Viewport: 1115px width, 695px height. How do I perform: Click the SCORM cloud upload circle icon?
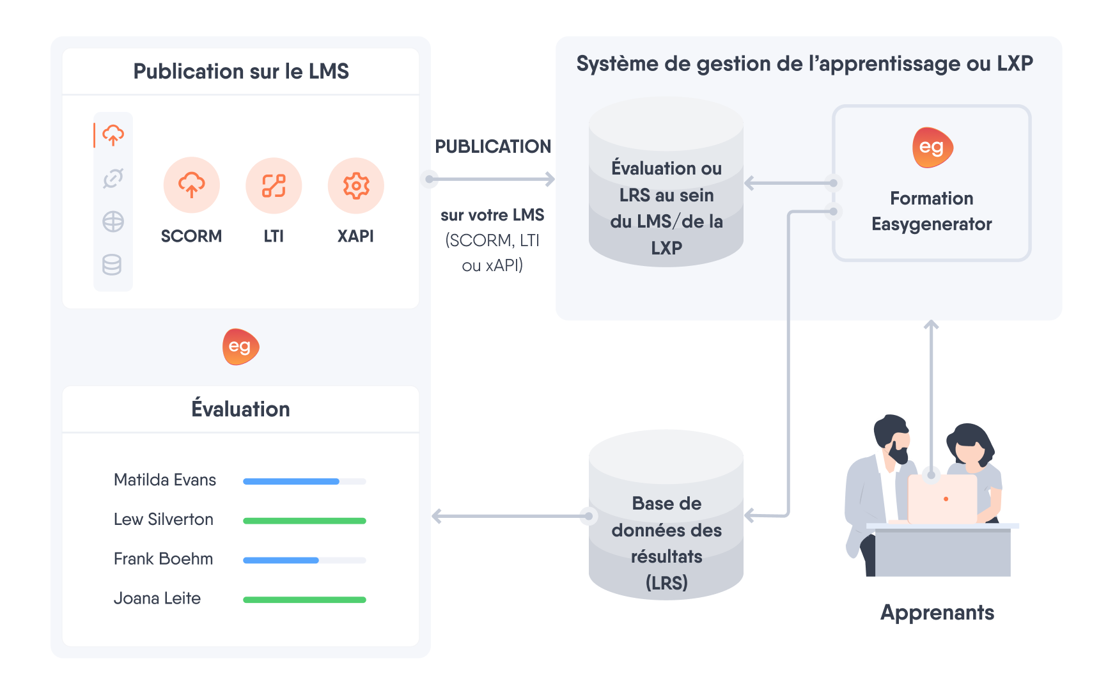tap(191, 185)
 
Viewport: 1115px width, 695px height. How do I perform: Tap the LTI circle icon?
tap(274, 185)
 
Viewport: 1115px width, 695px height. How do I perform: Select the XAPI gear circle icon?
tap(355, 185)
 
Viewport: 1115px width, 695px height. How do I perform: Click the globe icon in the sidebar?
tap(113, 222)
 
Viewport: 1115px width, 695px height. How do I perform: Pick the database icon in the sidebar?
tap(113, 265)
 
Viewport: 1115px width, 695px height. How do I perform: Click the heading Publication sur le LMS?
tap(241, 71)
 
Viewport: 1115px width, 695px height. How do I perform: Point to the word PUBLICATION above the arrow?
tap(492, 146)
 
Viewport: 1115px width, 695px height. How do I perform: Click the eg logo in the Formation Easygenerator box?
tap(932, 148)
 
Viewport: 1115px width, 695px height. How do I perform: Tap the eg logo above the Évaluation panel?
tap(240, 347)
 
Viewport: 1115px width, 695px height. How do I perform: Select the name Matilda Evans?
tap(165, 480)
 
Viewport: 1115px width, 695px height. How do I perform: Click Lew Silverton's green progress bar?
tap(304, 520)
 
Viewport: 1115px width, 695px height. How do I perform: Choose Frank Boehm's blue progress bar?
tap(281, 560)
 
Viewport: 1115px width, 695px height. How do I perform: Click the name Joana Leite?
tap(157, 598)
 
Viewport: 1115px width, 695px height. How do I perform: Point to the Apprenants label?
tap(937, 613)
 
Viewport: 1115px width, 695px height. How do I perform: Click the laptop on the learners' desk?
tap(942, 499)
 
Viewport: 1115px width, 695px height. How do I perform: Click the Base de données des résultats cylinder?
tap(666, 515)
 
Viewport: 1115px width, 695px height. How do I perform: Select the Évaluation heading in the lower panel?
tap(240, 409)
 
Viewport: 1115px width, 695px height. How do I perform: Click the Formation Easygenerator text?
tap(932, 211)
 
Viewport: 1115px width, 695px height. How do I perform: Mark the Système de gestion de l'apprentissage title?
tap(804, 63)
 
